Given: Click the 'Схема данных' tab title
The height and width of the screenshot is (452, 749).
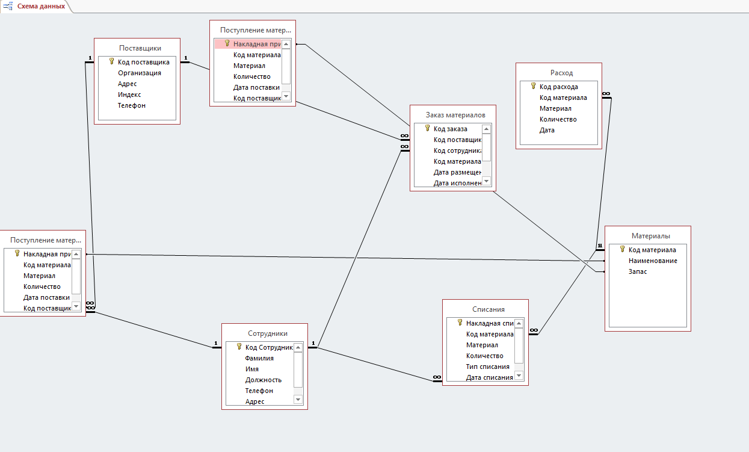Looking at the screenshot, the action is tap(41, 6).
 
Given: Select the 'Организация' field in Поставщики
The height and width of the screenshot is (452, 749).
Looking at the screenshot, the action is tap(140, 73).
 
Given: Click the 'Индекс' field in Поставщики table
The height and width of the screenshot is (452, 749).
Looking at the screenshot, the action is tap(129, 94).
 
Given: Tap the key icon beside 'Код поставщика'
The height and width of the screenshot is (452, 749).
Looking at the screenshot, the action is tap(112, 61).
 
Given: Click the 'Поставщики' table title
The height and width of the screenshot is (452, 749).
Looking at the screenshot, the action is tap(140, 48).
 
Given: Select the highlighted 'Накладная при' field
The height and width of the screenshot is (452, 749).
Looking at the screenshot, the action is tap(257, 44).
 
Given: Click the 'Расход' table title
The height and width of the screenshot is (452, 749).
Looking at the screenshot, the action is tap(561, 73).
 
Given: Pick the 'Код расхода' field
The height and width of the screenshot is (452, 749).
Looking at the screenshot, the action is tap(558, 87).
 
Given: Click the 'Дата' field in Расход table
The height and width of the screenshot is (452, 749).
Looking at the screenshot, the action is tap(547, 130).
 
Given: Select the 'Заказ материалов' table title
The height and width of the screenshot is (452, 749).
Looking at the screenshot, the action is tap(455, 115).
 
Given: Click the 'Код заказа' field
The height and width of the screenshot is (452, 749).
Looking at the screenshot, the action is tap(451, 129).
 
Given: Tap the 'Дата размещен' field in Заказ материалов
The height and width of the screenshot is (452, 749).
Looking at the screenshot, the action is tap(457, 172).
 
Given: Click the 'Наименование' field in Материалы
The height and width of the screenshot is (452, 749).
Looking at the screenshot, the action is tap(653, 261).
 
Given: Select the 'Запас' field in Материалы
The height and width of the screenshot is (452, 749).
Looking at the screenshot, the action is tap(638, 271).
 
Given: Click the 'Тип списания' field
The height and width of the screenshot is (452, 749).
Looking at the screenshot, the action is tap(487, 367).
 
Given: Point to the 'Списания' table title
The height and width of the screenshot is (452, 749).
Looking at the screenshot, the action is tap(488, 309).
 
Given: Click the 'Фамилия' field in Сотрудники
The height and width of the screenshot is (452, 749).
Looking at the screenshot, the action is tap(259, 358).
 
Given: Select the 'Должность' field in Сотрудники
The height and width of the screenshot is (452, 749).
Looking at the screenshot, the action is tap(263, 380).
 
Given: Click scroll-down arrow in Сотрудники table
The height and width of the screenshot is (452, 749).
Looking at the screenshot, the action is tap(298, 400).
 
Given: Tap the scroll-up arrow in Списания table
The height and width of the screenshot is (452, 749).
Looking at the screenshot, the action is tap(519, 323).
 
